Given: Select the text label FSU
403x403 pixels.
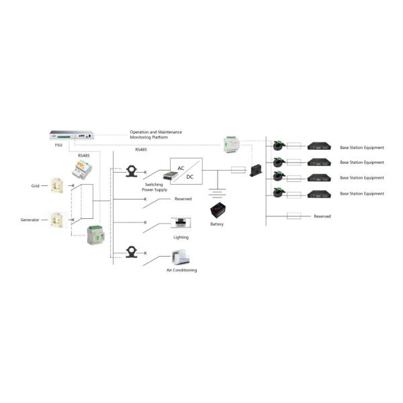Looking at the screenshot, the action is [x=58, y=144].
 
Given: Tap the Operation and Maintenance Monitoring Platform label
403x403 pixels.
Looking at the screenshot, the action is [x=156, y=134].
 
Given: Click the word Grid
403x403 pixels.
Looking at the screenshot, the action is [x=36, y=185].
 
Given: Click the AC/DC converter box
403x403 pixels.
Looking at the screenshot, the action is [x=186, y=171].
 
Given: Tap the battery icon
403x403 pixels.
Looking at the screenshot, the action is [x=218, y=211].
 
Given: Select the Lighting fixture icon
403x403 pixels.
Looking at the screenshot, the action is [x=180, y=223].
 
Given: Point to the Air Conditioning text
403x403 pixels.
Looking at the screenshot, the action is [x=181, y=270].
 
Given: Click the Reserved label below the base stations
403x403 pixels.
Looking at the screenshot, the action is [x=322, y=216].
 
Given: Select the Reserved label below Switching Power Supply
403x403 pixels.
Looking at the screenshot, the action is [x=183, y=199].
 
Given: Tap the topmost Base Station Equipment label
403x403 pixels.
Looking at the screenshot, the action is [x=362, y=146].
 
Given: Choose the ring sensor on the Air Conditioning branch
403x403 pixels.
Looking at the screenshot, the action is [x=133, y=252].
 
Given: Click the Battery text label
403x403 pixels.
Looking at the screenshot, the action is [x=217, y=224].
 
